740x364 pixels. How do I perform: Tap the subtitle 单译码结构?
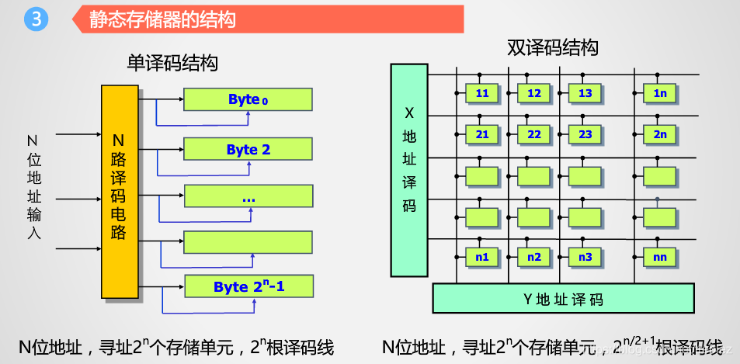point(172,64)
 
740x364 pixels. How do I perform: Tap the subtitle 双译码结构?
point(553,48)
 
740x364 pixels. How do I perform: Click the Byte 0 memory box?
point(248,99)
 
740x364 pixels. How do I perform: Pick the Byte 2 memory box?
point(248,149)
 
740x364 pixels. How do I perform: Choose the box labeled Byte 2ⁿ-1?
point(248,286)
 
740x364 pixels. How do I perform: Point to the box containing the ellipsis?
point(248,197)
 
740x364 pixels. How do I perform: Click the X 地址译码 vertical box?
point(409,170)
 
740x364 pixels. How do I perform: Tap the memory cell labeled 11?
point(482,93)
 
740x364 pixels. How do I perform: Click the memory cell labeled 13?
point(585,93)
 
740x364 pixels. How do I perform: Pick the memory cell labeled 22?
point(533,134)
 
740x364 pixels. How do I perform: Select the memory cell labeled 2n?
point(660,134)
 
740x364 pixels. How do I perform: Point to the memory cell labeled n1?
point(482,257)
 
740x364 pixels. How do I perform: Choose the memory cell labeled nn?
point(660,257)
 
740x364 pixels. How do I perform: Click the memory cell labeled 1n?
point(660,93)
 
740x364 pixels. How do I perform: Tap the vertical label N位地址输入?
point(33,186)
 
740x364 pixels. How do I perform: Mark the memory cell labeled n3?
point(585,257)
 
